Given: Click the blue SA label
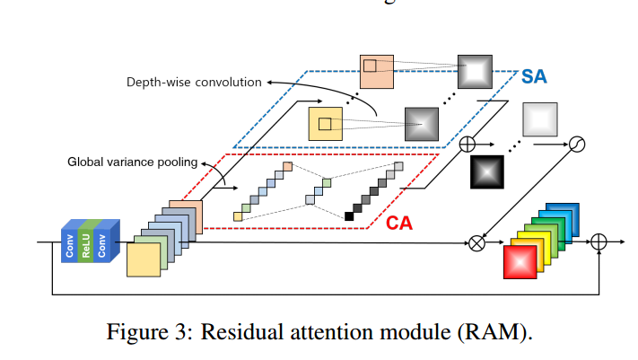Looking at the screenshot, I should (x=534, y=77).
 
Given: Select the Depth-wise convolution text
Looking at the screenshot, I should (x=194, y=83).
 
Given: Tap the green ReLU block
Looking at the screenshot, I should (x=87, y=241).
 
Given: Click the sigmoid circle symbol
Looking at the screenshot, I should (x=578, y=143).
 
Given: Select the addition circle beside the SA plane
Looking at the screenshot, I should (x=467, y=143).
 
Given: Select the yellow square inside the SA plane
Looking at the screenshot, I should (x=326, y=123).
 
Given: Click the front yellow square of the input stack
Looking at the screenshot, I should (x=144, y=260).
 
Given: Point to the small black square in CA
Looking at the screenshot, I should (x=349, y=215).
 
